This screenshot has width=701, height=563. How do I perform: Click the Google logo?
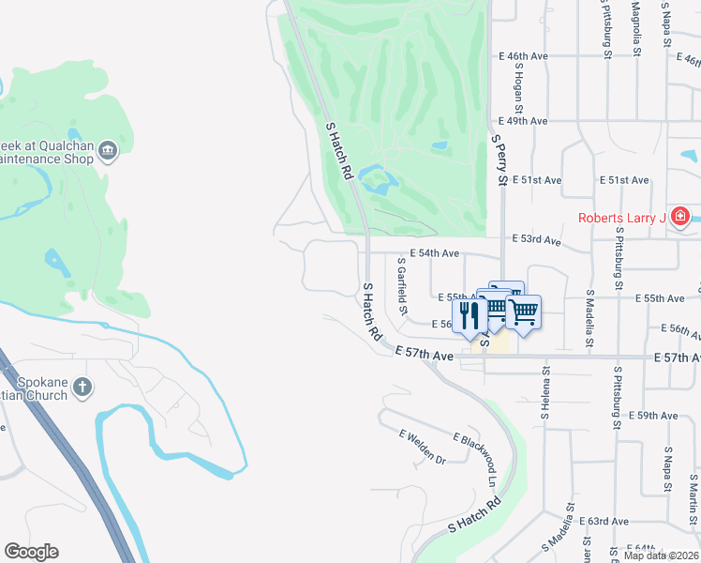pyautogui.click(x=31, y=552)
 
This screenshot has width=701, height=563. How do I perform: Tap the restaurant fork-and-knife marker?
pyautogui.click(x=468, y=314)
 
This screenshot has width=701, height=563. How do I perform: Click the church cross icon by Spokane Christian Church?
pyautogui.click(x=82, y=387)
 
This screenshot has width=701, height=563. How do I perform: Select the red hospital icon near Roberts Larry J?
pyautogui.click(x=680, y=219)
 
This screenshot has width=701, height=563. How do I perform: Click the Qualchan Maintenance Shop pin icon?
pyautogui.click(x=108, y=151)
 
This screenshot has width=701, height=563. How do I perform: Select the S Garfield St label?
pyautogui.click(x=402, y=286)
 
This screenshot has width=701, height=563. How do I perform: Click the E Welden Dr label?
pyautogui.click(x=423, y=447)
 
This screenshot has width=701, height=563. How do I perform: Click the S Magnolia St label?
pyautogui.click(x=636, y=28)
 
